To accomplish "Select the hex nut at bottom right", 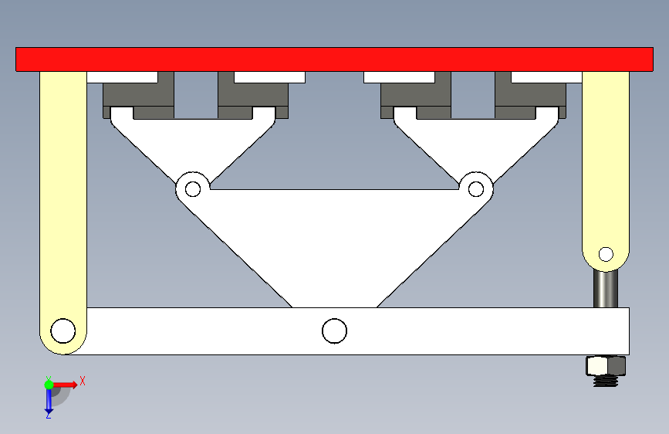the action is coord(606,364).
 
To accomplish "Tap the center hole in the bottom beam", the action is coord(334,331).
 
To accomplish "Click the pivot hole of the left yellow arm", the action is coord(63,331).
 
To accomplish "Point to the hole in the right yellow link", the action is coord(606,253).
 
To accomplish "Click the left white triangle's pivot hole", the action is coord(193,188).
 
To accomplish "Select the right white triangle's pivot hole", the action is coord(476,188).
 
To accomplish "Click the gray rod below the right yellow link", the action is coord(606,288).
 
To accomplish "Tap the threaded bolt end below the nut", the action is coord(606,380).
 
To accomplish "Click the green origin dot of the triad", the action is coord(49,384).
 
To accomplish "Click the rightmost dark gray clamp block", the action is coord(532,97).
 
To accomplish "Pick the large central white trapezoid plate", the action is coord(334,239).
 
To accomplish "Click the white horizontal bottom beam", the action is coord(463,331).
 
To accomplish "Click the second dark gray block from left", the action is coord(253,97).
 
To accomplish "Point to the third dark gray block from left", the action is coord(415,97).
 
